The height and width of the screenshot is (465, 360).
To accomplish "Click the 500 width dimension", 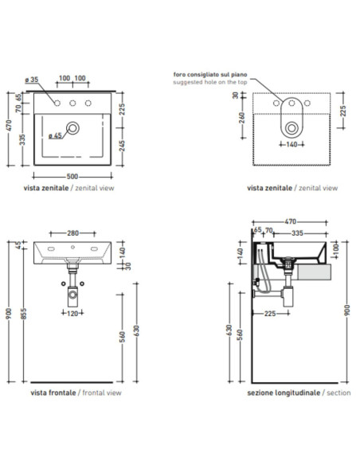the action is click(x=72, y=177).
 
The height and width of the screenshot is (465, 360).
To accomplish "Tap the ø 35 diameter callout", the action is click(x=32, y=80).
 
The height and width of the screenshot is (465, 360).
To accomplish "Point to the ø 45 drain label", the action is click(x=55, y=135).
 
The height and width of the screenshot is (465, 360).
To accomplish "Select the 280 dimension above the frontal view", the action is click(x=72, y=233).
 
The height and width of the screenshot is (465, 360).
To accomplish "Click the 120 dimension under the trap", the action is click(x=72, y=313).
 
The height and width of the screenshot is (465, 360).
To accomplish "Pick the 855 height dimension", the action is click(x=24, y=314).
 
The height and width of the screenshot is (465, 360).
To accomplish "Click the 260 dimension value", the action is click(x=242, y=117).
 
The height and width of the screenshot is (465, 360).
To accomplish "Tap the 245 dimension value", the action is click(x=122, y=146).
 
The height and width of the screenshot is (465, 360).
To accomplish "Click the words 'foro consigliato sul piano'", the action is click(x=210, y=74).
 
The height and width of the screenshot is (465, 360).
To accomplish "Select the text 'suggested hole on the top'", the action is click(x=210, y=82).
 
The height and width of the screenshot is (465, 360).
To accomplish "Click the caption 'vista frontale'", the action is click(x=53, y=393).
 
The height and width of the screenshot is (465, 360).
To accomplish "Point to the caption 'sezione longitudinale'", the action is click(x=284, y=393).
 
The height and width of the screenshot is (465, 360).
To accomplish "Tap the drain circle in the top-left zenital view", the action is click(x=72, y=128).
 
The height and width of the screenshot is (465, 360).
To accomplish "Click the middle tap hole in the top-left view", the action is click(x=72, y=103).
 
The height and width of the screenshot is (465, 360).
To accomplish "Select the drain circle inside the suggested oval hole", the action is click(x=292, y=128).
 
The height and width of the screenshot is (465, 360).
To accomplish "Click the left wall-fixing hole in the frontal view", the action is click(x=64, y=283).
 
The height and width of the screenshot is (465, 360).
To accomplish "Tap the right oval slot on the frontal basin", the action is click(x=95, y=248).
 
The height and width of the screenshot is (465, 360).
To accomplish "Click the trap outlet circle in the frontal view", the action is click(x=72, y=295).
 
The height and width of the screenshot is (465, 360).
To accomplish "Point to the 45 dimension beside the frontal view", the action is click(x=18, y=245).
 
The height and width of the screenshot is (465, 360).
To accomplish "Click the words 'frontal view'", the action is click(x=102, y=393).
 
